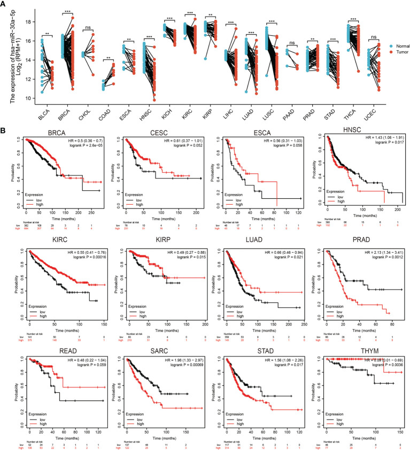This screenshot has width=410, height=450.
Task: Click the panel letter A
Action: click(4, 4)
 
